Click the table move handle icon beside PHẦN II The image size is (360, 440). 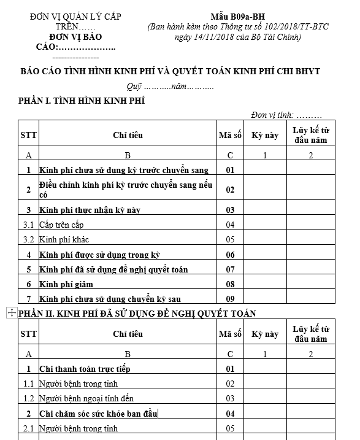click(x=10, y=313)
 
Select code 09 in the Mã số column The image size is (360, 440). click(x=230, y=299)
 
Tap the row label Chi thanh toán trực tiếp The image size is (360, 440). click(x=85, y=369)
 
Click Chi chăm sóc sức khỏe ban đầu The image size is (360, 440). click(x=98, y=414)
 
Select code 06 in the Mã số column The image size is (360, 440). click(x=230, y=255)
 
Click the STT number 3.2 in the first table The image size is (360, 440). click(x=29, y=239)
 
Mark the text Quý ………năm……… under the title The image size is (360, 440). click(x=170, y=87)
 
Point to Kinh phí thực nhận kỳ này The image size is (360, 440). click(x=90, y=210)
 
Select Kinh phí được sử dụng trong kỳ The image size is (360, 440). click(x=100, y=255)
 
